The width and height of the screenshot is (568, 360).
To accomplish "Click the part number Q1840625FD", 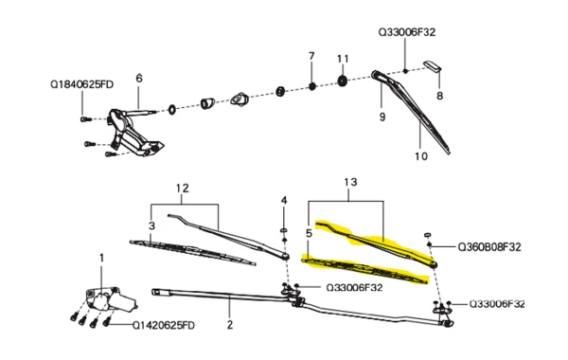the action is point(81,84).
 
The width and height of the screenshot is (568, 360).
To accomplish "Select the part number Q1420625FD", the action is point(164,325).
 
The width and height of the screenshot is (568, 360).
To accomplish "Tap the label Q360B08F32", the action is point(489,247).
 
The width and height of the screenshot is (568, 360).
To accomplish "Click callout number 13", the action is point(350,182).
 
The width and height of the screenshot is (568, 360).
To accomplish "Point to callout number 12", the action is point(183,189).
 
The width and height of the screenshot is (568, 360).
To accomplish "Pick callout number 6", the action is point(139,79).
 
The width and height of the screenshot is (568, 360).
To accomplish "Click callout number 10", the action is point(421,156).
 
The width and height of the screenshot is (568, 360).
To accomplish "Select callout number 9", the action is point(382,117).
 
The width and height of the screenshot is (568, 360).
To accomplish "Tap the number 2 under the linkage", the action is point(230,325).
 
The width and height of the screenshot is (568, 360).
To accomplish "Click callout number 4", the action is point(284,200).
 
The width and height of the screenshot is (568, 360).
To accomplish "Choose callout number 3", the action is point(151,225).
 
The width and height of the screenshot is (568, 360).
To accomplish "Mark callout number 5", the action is point(309,233).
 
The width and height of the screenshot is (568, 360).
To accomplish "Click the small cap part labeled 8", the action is point(433,66).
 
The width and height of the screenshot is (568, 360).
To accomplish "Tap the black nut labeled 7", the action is point(311,86).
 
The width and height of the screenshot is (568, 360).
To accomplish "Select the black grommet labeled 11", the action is point(343,81).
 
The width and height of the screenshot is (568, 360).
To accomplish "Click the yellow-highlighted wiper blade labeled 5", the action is point(364,270).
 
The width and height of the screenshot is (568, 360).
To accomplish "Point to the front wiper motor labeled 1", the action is point(111,299).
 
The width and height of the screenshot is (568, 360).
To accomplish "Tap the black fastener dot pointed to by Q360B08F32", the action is point(429,244).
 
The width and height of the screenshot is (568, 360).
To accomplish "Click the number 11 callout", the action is point(343,59).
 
